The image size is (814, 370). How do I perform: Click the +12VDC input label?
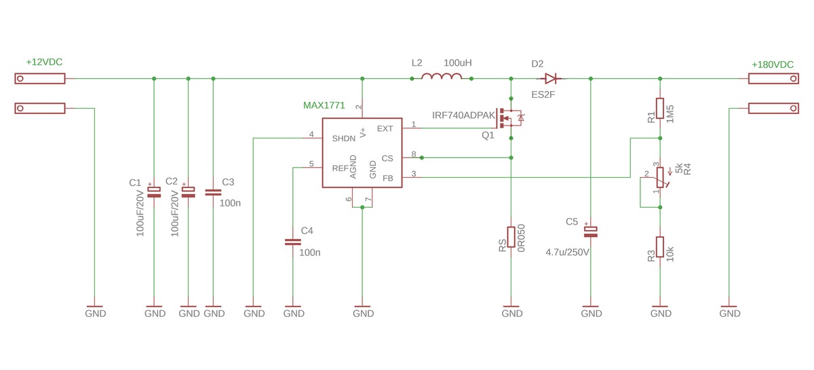[44, 62]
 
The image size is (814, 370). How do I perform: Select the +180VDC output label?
[772, 64]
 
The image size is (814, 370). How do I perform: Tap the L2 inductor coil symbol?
[441, 78]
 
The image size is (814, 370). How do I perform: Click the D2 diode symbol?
[550, 79]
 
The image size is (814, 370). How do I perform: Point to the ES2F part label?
[543, 94]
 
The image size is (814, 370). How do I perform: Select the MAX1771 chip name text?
[324, 106]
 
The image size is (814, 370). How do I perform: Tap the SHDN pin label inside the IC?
[344, 138]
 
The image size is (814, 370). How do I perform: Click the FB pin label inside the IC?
[387, 177]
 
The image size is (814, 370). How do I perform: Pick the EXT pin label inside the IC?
[385, 128]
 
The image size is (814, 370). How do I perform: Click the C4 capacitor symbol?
[293, 242]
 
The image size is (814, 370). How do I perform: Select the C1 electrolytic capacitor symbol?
[155, 192]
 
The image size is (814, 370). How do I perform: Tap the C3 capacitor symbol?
[213, 192]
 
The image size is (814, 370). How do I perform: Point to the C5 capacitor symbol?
[591, 232]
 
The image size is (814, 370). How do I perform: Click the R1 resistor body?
[659, 109]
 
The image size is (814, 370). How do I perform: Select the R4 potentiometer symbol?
[659, 178]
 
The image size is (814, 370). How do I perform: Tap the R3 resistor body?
[659, 249]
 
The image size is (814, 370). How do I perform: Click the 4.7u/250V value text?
[568, 253]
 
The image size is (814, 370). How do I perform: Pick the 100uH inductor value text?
[457, 62]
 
